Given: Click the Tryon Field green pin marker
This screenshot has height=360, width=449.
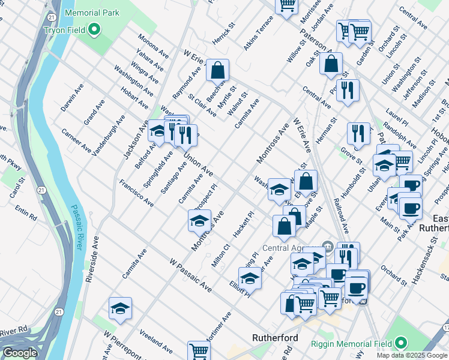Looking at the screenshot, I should coord(94,29).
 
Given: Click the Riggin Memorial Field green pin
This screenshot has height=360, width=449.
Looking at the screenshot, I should coord(400,343).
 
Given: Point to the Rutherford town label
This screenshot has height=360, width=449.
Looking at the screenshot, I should coord(276,338).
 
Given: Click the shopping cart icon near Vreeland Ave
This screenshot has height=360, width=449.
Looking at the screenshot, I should coord(199,351).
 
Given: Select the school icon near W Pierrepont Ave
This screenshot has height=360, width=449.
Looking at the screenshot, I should coord(120,308).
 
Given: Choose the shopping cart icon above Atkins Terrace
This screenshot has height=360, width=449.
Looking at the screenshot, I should coord(287,5).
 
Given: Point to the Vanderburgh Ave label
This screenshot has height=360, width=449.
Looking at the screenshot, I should coord(109,136).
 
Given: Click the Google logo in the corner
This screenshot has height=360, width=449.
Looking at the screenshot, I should coord(20,353).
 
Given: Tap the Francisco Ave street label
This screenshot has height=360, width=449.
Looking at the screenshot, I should coord(136,193).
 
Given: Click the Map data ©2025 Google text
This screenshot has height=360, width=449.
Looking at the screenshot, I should coord(412,355).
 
